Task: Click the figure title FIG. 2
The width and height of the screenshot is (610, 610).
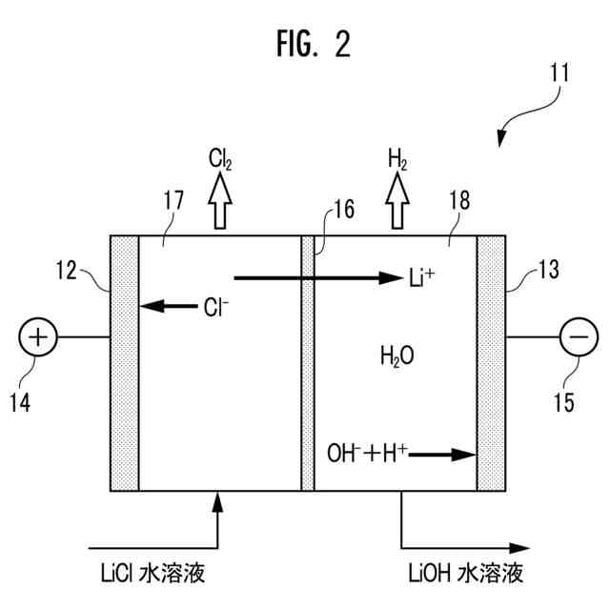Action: tap(314, 44)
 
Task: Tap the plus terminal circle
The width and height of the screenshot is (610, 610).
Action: tap(38, 336)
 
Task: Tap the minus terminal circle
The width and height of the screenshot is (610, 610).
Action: tap(579, 336)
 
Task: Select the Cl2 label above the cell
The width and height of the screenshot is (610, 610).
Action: tap(220, 159)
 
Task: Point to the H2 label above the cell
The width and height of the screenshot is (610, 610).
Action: tap(397, 159)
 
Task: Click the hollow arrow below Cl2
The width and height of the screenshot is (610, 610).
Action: tap(220, 200)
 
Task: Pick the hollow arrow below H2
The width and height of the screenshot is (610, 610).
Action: tap(397, 200)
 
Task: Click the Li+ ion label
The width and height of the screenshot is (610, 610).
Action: tap(421, 277)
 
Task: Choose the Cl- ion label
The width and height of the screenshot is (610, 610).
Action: tap(216, 307)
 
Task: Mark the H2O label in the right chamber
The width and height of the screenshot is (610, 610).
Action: tap(396, 356)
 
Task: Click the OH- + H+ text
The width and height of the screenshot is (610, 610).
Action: tap(367, 454)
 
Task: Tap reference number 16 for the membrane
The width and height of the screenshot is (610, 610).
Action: tap(344, 210)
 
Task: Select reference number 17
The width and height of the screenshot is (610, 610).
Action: tap(173, 200)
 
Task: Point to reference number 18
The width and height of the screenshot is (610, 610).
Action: tap(459, 200)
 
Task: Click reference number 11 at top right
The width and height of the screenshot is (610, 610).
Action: tap(559, 72)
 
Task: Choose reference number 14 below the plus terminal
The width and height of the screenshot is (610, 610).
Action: tap(20, 402)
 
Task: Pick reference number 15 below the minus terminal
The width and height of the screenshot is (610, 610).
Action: tap(564, 402)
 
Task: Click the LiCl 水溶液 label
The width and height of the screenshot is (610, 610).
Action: tap(152, 573)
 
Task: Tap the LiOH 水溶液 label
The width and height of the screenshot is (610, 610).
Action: tap(466, 573)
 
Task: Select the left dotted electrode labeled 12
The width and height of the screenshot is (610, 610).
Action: tap(125, 363)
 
